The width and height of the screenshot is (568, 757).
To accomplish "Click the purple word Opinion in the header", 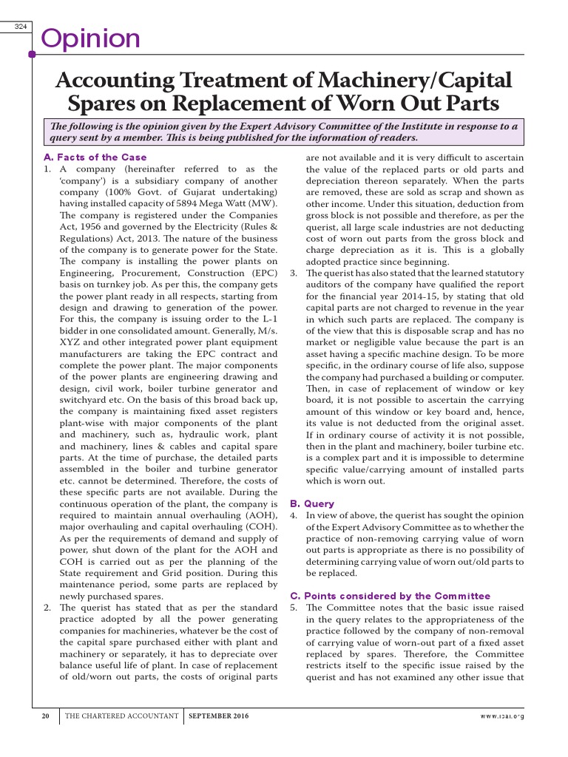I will (90, 38).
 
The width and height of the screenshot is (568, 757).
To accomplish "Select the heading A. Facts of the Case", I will (95, 157).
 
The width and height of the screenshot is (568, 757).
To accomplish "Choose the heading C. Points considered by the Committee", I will (389, 595).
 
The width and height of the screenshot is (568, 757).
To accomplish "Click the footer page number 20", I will (46, 716).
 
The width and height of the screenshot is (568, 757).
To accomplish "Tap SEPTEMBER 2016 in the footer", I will (219, 716).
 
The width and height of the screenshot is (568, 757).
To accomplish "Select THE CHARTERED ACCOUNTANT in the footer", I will (122, 716).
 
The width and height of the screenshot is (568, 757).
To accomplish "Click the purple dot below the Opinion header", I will (32, 54).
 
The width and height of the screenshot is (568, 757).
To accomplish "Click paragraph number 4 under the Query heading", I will (293, 515).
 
